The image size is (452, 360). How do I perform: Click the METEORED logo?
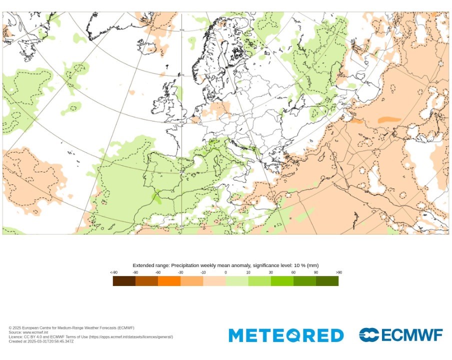(286, 335)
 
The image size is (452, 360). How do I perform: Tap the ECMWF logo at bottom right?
(401, 335)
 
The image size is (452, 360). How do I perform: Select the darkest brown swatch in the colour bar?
(124, 281)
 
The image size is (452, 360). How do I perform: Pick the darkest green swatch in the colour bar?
(327, 281)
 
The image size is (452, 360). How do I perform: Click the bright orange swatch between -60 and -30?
(169, 281)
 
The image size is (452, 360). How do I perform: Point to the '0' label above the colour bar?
(225, 272)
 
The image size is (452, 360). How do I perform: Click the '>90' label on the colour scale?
(339, 272)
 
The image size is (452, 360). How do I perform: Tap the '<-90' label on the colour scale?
(114, 272)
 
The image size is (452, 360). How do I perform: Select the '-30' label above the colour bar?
(180, 272)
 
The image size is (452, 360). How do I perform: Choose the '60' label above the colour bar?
(293, 272)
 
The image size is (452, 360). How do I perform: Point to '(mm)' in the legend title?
(313, 265)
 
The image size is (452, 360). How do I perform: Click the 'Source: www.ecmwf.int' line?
(28, 332)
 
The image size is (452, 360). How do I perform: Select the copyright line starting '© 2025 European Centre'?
(71, 328)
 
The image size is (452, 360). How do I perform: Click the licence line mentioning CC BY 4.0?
(90, 337)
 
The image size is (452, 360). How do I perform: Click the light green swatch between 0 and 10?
(236, 281)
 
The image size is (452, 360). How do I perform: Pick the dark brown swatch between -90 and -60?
(146, 281)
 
